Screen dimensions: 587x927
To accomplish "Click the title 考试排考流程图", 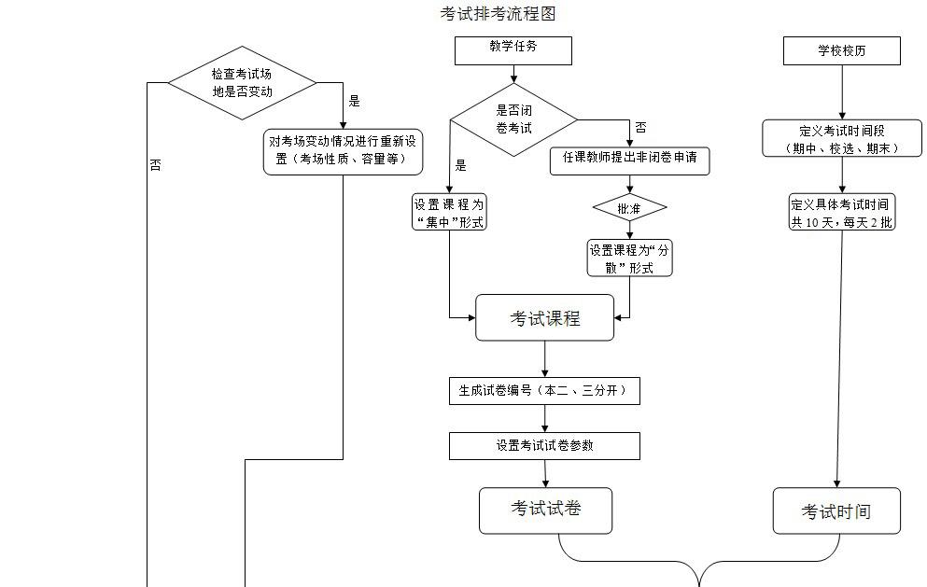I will tap(499, 13).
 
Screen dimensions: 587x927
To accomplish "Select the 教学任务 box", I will tap(513, 50).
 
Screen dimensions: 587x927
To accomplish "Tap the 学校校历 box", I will tap(842, 50).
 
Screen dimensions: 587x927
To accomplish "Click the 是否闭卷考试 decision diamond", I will tap(513, 119).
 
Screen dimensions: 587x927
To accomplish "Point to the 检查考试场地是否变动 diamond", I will tap(242, 82).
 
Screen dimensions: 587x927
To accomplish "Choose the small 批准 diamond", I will tap(629, 209).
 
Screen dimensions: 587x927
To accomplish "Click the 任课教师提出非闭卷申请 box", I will tap(629, 160).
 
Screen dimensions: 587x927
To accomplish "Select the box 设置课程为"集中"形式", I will tap(449, 212).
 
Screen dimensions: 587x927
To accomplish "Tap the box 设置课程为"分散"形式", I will tap(629, 259).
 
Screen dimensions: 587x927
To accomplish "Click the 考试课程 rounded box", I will tap(544, 318).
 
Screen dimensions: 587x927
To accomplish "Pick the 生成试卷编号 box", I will tap(544, 391).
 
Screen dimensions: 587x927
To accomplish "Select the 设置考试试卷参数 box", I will tap(544, 446).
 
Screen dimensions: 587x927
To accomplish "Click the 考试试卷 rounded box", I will tap(545, 510).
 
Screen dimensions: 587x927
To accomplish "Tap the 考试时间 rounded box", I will tap(836, 510).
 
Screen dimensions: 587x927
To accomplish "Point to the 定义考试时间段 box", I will tap(842, 138).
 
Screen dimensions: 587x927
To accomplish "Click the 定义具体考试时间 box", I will tap(841, 212).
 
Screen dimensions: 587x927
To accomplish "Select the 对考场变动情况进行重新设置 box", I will tap(343, 150).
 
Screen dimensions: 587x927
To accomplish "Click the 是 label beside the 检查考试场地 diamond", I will tap(354, 101).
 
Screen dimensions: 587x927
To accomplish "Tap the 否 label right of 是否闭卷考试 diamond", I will tap(640, 127).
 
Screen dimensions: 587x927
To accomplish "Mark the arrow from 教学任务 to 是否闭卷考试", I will tap(513, 74).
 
